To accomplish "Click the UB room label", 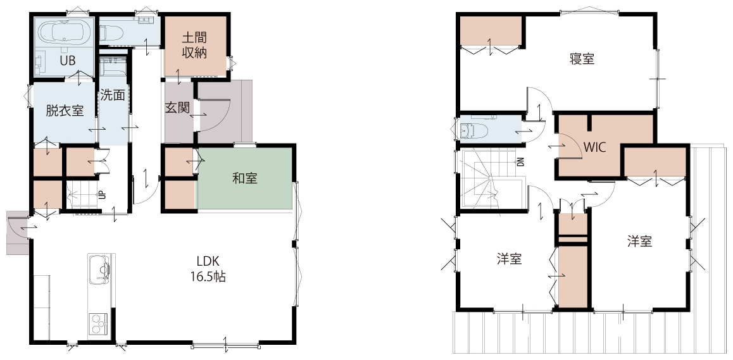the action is [x=68, y=61].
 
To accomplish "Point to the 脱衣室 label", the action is [x=65, y=111].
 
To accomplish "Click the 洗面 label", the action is [x=113, y=96].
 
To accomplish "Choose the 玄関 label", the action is [x=178, y=108].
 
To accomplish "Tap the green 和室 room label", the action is [x=244, y=178].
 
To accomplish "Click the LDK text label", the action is [x=208, y=261].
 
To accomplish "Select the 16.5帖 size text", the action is [x=208, y=276].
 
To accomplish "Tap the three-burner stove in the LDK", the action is [x=99, y=323].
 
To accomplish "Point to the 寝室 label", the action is [x=582, y=59].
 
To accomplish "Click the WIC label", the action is [x=594, y=147].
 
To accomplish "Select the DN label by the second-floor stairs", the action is [x=520, y=162].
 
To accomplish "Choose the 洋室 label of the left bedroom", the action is [x=510, y=259].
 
